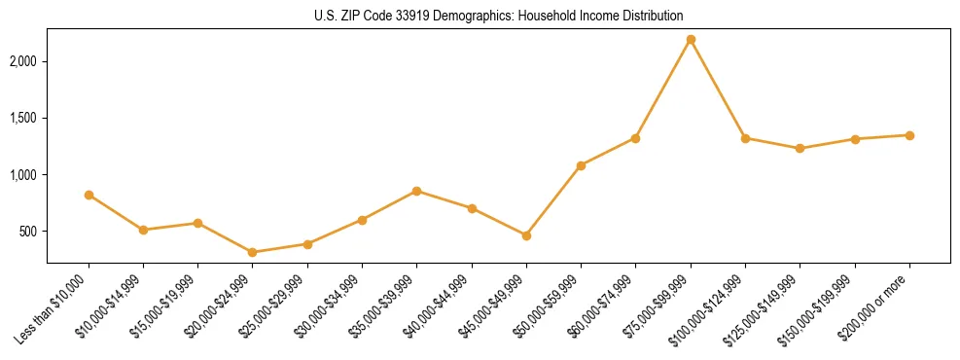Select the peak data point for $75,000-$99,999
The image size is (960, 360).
click(691, 40)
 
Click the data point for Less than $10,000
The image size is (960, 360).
click(89, 196)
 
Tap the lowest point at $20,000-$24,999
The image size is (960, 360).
click(253, 252)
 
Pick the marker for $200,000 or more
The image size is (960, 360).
click(909, 135)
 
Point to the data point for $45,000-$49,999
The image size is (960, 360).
click(526, 235)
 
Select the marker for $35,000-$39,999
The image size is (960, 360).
click(417, 191)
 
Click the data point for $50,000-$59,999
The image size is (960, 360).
click(581, 165)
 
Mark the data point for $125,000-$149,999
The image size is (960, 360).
click(800, 149)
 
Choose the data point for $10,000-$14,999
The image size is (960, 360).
click(144, 230)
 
